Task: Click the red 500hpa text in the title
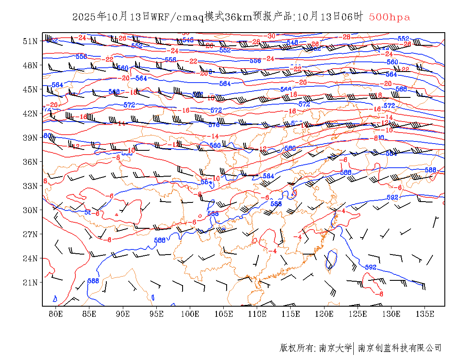tap(389, 17)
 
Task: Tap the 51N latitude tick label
tap(30, 41)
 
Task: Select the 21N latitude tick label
tap(30, 282)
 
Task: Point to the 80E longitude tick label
tap(56, 314)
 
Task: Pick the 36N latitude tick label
tap(30, 162)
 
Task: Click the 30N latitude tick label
tap(30, 210)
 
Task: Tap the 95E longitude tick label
tap(156, 314)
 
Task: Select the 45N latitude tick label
tap(30, 89)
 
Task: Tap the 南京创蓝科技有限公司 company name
tap(399, 348)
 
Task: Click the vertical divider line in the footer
tap(354, 348)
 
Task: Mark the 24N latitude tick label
tap(30, 258)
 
